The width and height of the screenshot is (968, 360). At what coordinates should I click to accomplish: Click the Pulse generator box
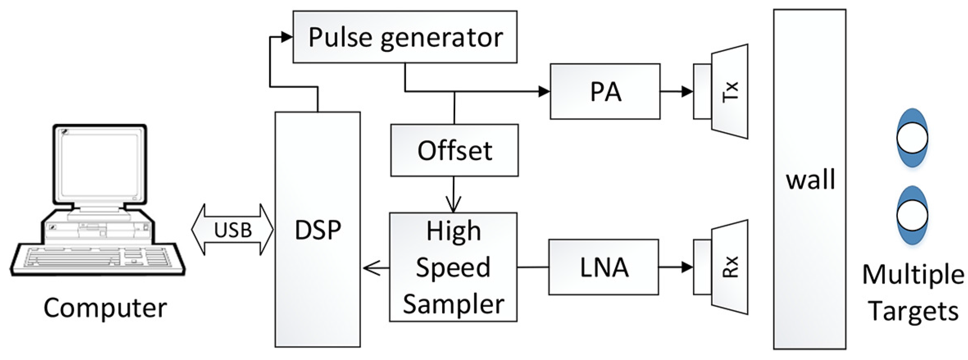(405, 37)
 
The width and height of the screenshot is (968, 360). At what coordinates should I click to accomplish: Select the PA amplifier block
(605, 91)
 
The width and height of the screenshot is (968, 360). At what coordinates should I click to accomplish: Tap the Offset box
(454, 150)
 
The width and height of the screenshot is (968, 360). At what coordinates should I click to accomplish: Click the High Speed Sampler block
(453, 267)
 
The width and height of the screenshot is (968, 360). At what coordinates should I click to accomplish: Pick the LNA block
(604, 267)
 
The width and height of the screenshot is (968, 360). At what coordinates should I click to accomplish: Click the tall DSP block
(318, 230)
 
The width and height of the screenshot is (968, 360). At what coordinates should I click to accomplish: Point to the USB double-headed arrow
(232, 230)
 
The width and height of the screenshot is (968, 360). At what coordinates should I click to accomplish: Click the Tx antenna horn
(729, 91)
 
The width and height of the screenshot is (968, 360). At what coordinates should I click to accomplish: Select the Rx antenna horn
(729, 267)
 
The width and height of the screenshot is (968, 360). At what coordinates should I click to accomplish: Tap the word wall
(810, 180)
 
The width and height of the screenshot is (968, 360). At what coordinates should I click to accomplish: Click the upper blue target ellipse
(912, 137)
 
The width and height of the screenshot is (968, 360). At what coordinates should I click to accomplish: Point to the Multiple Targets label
(913, 292)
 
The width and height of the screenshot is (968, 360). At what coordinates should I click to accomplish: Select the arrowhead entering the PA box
(544, 91)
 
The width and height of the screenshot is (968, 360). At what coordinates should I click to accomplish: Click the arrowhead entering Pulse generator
(287, 37)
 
